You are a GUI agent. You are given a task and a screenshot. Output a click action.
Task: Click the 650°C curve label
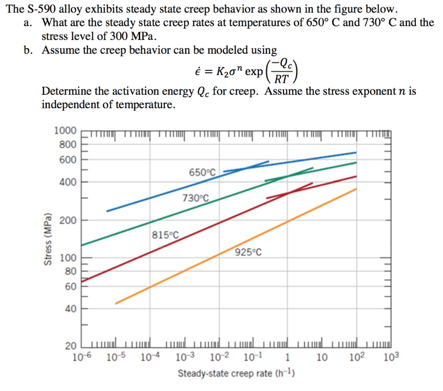202,172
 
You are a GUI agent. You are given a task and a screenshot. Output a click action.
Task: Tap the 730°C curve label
195,198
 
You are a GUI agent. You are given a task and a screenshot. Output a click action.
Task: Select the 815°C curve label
165,235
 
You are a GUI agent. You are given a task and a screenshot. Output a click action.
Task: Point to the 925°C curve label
248,252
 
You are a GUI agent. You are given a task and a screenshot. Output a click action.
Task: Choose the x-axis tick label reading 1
287,358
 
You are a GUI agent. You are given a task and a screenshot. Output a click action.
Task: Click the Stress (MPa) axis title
47,239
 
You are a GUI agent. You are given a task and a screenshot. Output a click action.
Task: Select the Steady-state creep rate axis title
236,373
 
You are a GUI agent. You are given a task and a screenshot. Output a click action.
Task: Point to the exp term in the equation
254,71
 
